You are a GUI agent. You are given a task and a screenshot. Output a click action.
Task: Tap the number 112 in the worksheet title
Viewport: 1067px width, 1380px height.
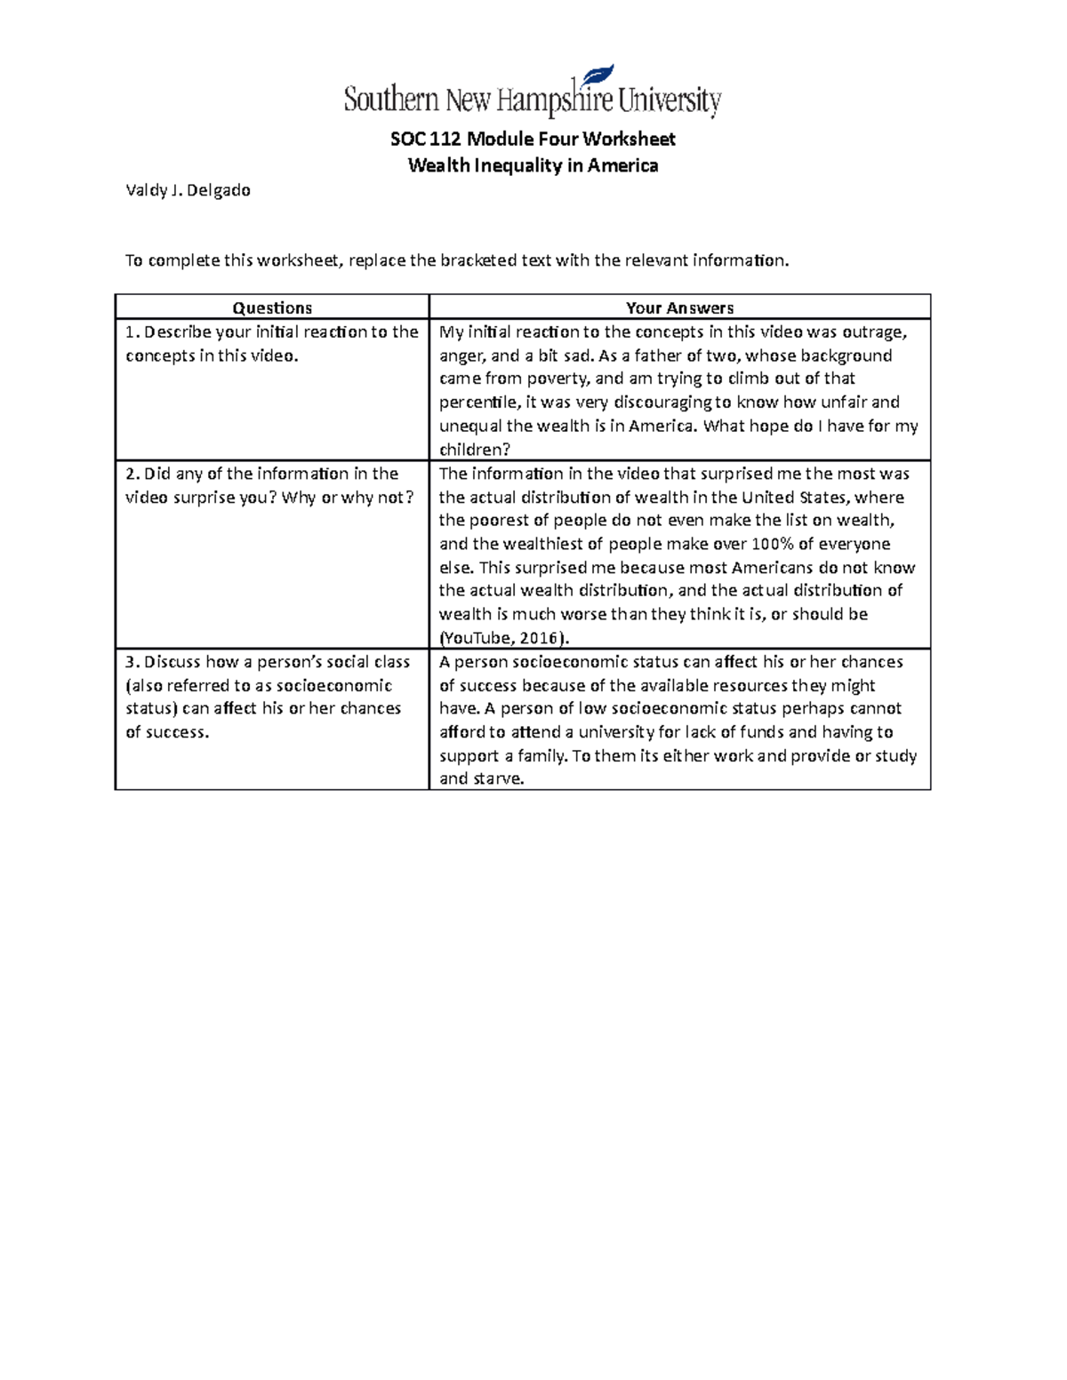pyautogui.click(x=445, y=140)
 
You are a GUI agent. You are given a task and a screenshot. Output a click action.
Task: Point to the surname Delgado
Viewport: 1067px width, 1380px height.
pyautogui.click(x=219, y=190)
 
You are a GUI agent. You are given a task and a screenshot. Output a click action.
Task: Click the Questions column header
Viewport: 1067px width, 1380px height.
pyautogui.click(x=272, y=308)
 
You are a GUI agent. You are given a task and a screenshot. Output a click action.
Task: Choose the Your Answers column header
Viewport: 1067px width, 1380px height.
pyautogui.click(x=679, y=308)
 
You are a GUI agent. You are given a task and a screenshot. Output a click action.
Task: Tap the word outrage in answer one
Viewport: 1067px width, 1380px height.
pyautogui.click(x=876, y=332)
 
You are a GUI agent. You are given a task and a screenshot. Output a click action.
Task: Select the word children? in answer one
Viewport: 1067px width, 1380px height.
pyautogui.click(x=475, y=450)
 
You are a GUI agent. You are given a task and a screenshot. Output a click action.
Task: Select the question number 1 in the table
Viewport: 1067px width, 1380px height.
pyautogui.click(x=130, y=332)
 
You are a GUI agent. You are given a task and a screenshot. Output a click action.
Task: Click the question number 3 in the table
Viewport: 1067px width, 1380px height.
pyautogui.click(x=131, y=662)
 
